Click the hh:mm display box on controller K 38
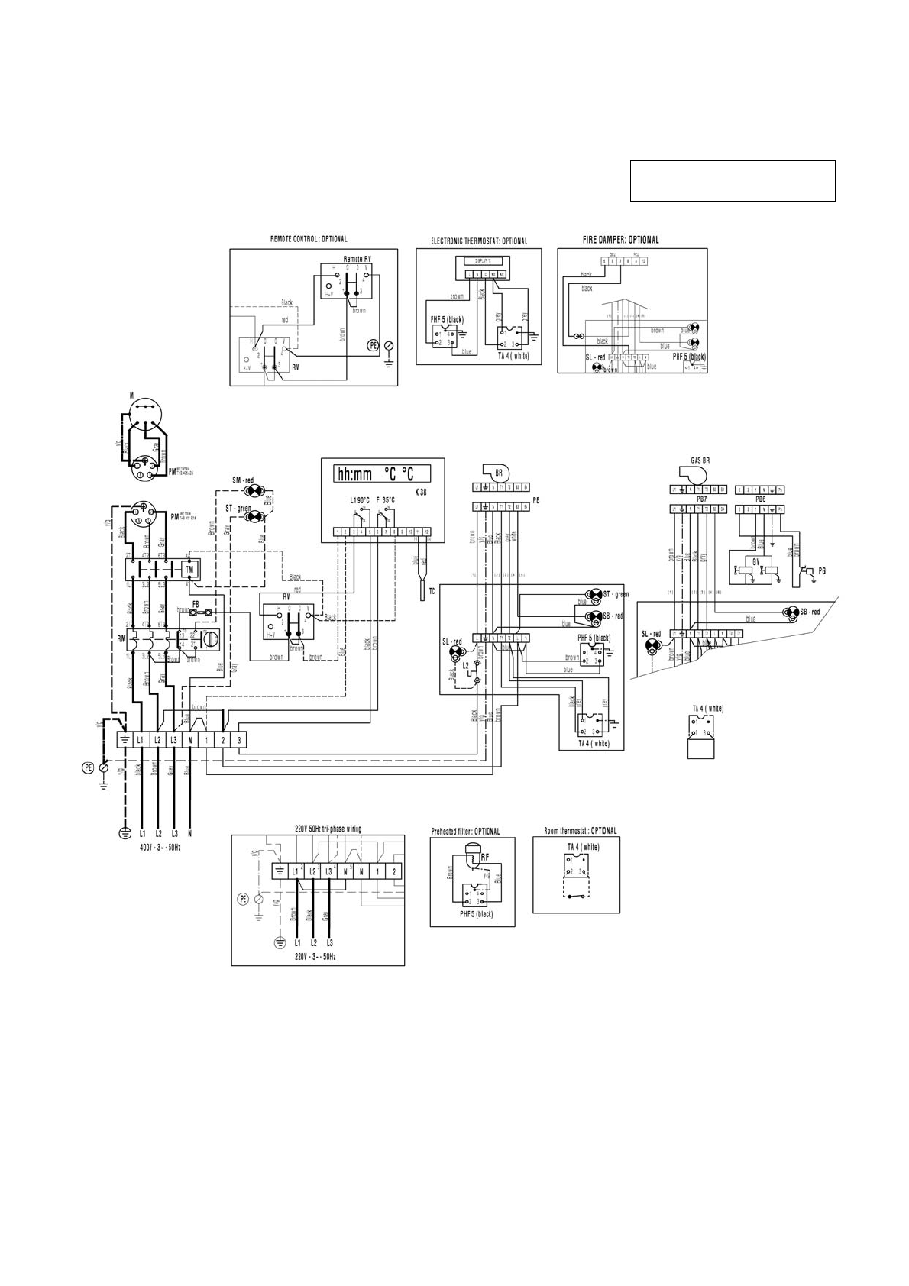[x=374, y=473]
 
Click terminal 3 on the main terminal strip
[x=240, y=740]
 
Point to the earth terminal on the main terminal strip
[x=123, y=740]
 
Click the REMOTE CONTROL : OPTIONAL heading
[x=309, y=239]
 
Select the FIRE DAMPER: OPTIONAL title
[x=620, y=240]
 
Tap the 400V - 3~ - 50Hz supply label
[x=160, y=848]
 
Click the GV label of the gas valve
[x=756, y=562]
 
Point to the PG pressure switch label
[x=822, y=570]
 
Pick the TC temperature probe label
[x=432, y=592]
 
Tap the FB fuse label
[x=196, y=604]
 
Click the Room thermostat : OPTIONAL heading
[x=580, y=831]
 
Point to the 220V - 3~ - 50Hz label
[x=315, y=956]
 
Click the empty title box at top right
[x=733, y=181]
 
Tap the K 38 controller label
[x=420, y=493]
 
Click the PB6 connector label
[x=760, y=499]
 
